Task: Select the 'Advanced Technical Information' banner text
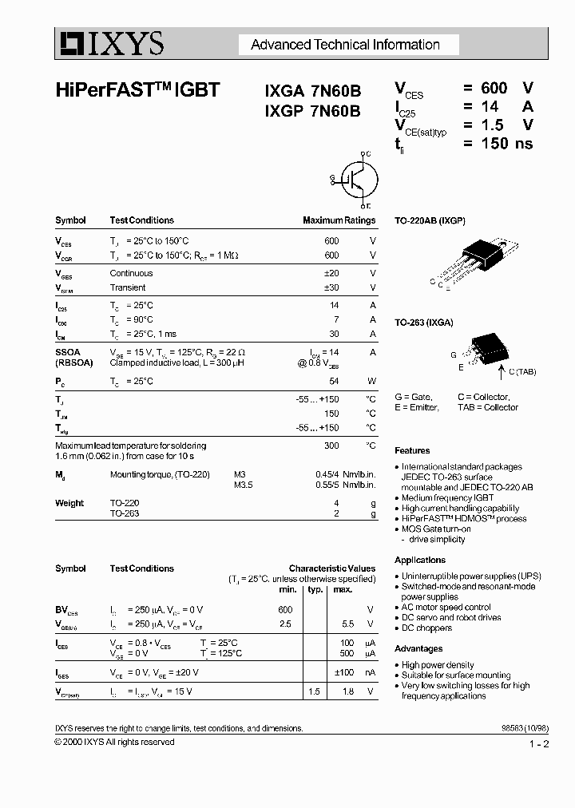click(345, 45)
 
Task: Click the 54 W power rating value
click(333, 382)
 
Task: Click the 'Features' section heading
click(412, 451)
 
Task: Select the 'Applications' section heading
click(420, 560)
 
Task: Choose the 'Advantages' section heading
click(418, 649)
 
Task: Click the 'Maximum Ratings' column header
click(339, 220)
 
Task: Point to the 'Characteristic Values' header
click(331, 568)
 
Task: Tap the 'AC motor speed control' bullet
click(452, 607)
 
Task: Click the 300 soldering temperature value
click(331, 446)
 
